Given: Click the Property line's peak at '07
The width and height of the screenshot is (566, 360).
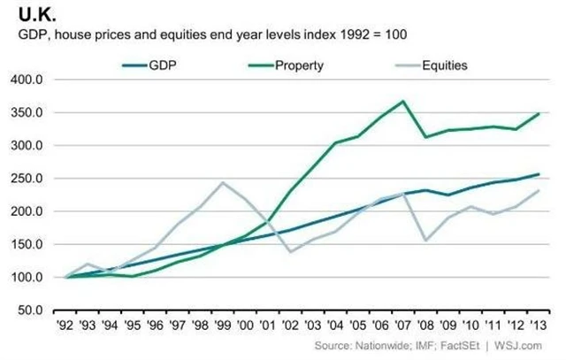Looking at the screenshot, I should point(403,101).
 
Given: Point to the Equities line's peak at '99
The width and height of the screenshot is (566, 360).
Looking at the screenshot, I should point(221,182).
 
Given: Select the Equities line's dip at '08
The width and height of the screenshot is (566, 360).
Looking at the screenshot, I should point(426,241).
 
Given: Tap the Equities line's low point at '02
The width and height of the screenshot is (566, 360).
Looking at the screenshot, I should point(290,252).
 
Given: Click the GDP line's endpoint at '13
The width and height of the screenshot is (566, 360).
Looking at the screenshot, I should point(539,174).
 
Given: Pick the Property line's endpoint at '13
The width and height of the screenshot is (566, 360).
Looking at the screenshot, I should point(539,113).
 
